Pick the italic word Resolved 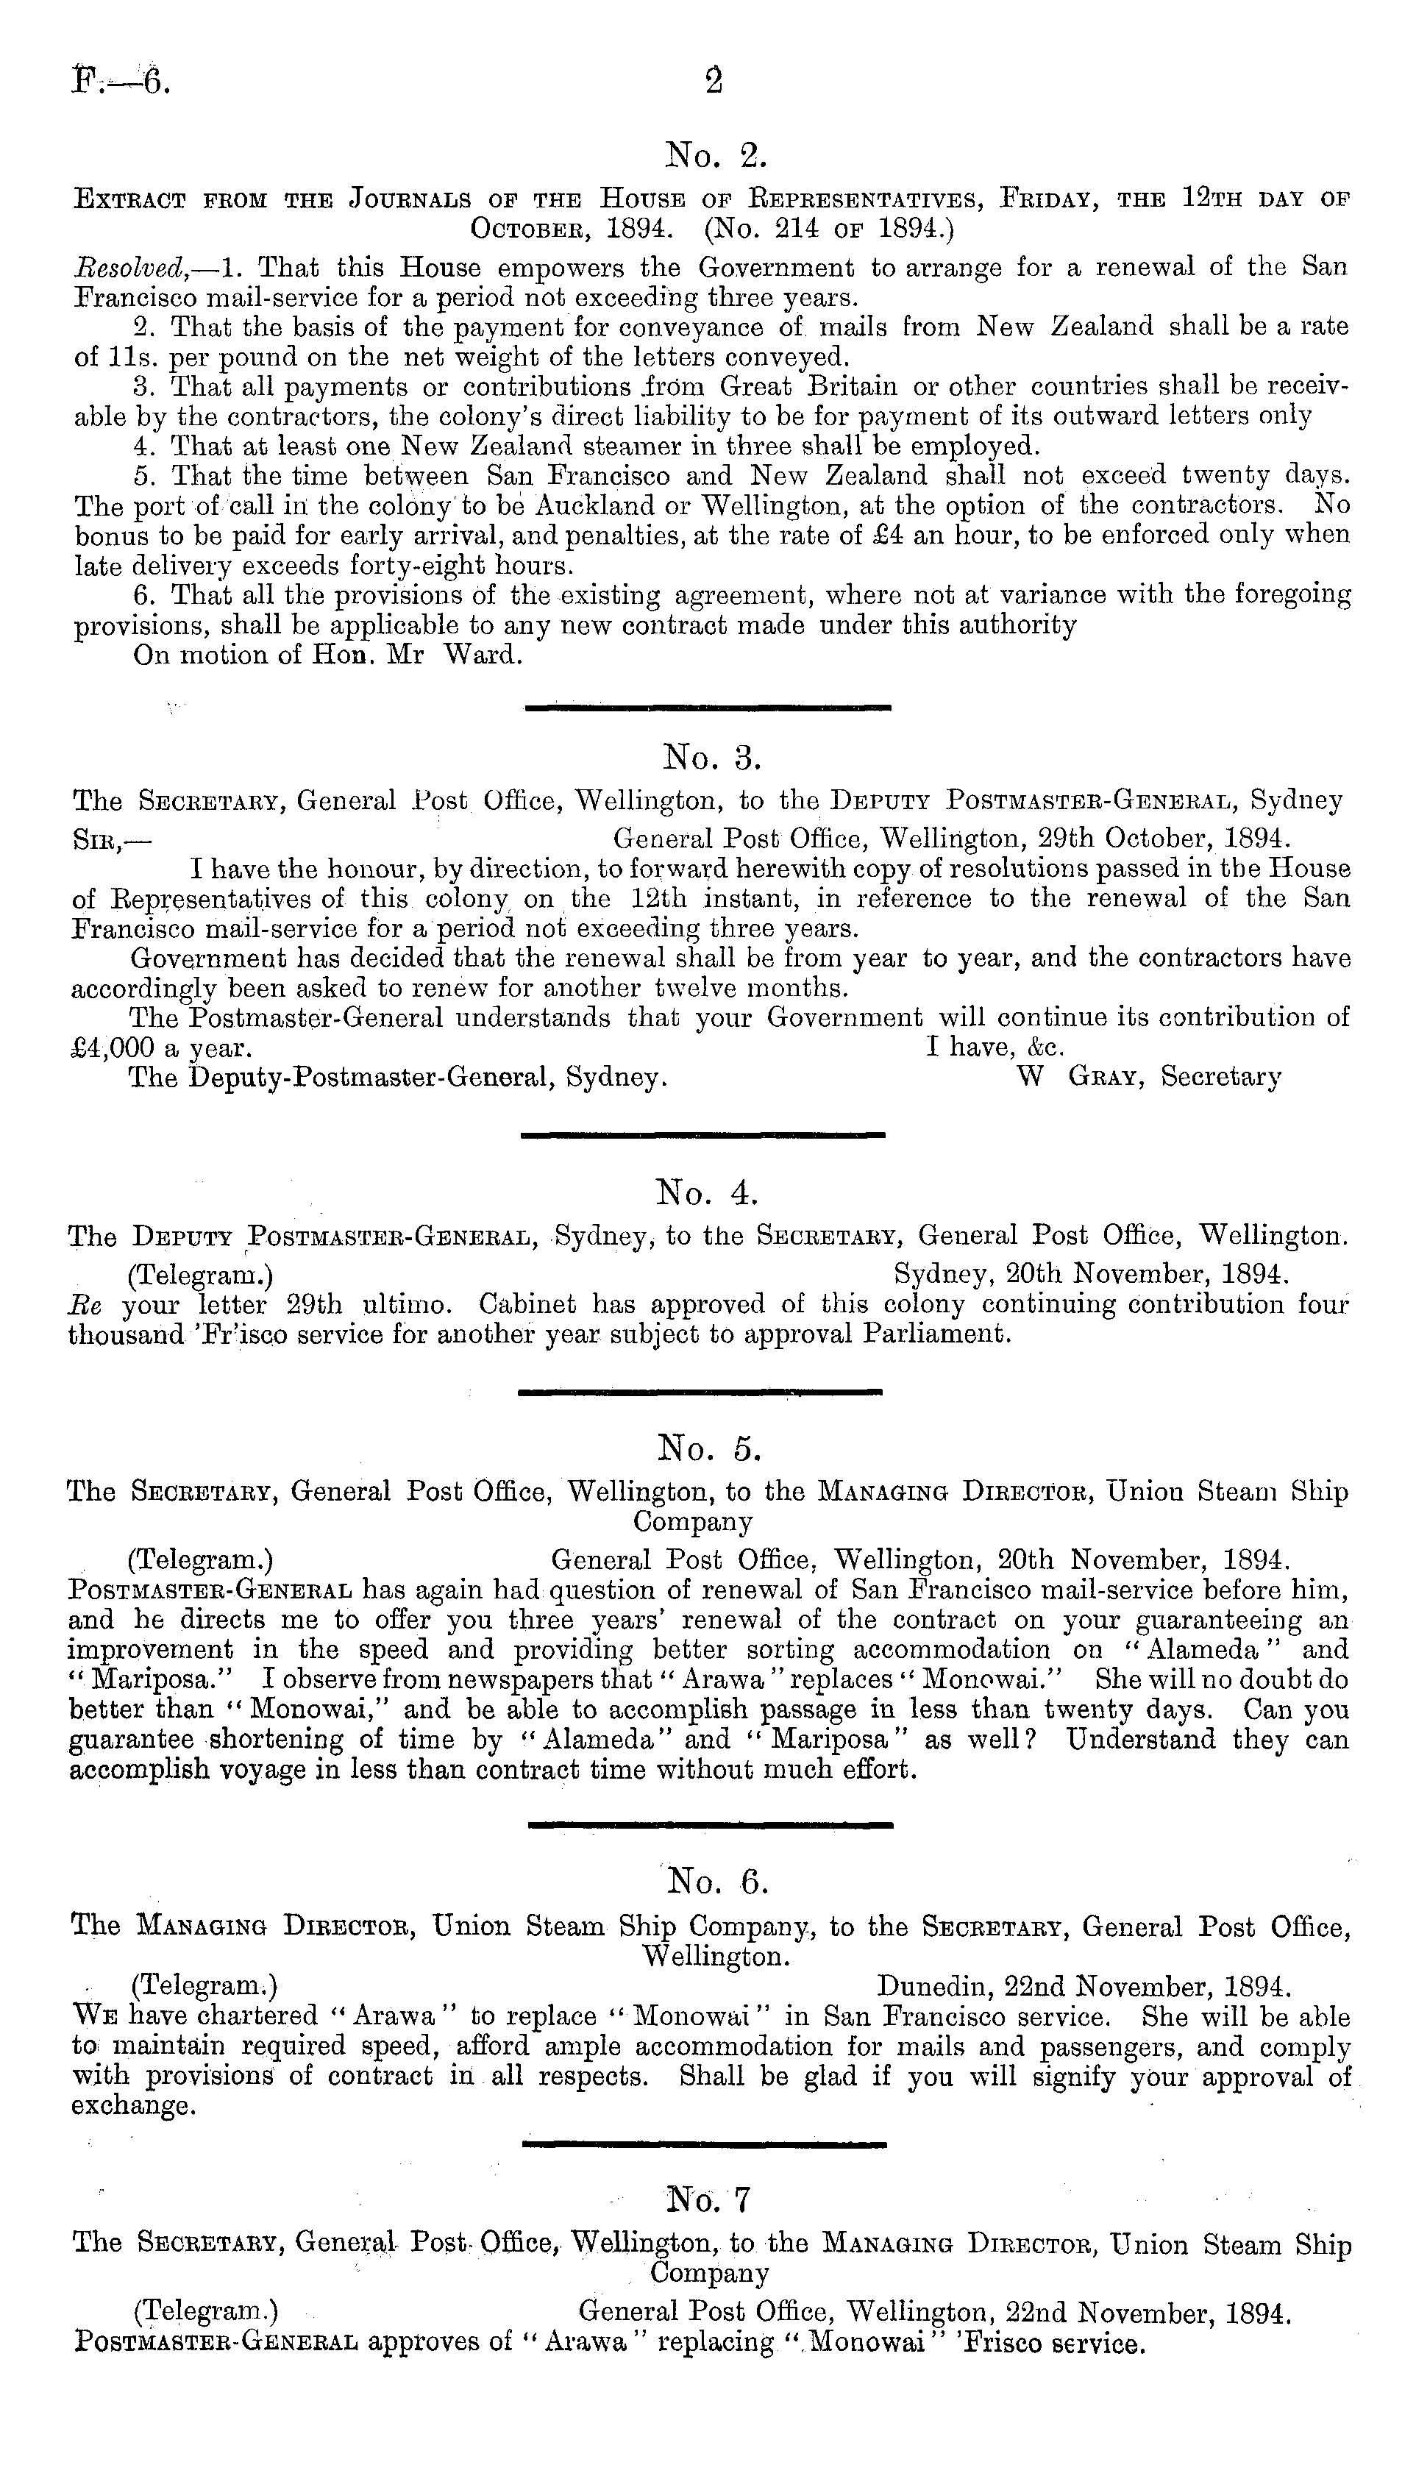120,268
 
